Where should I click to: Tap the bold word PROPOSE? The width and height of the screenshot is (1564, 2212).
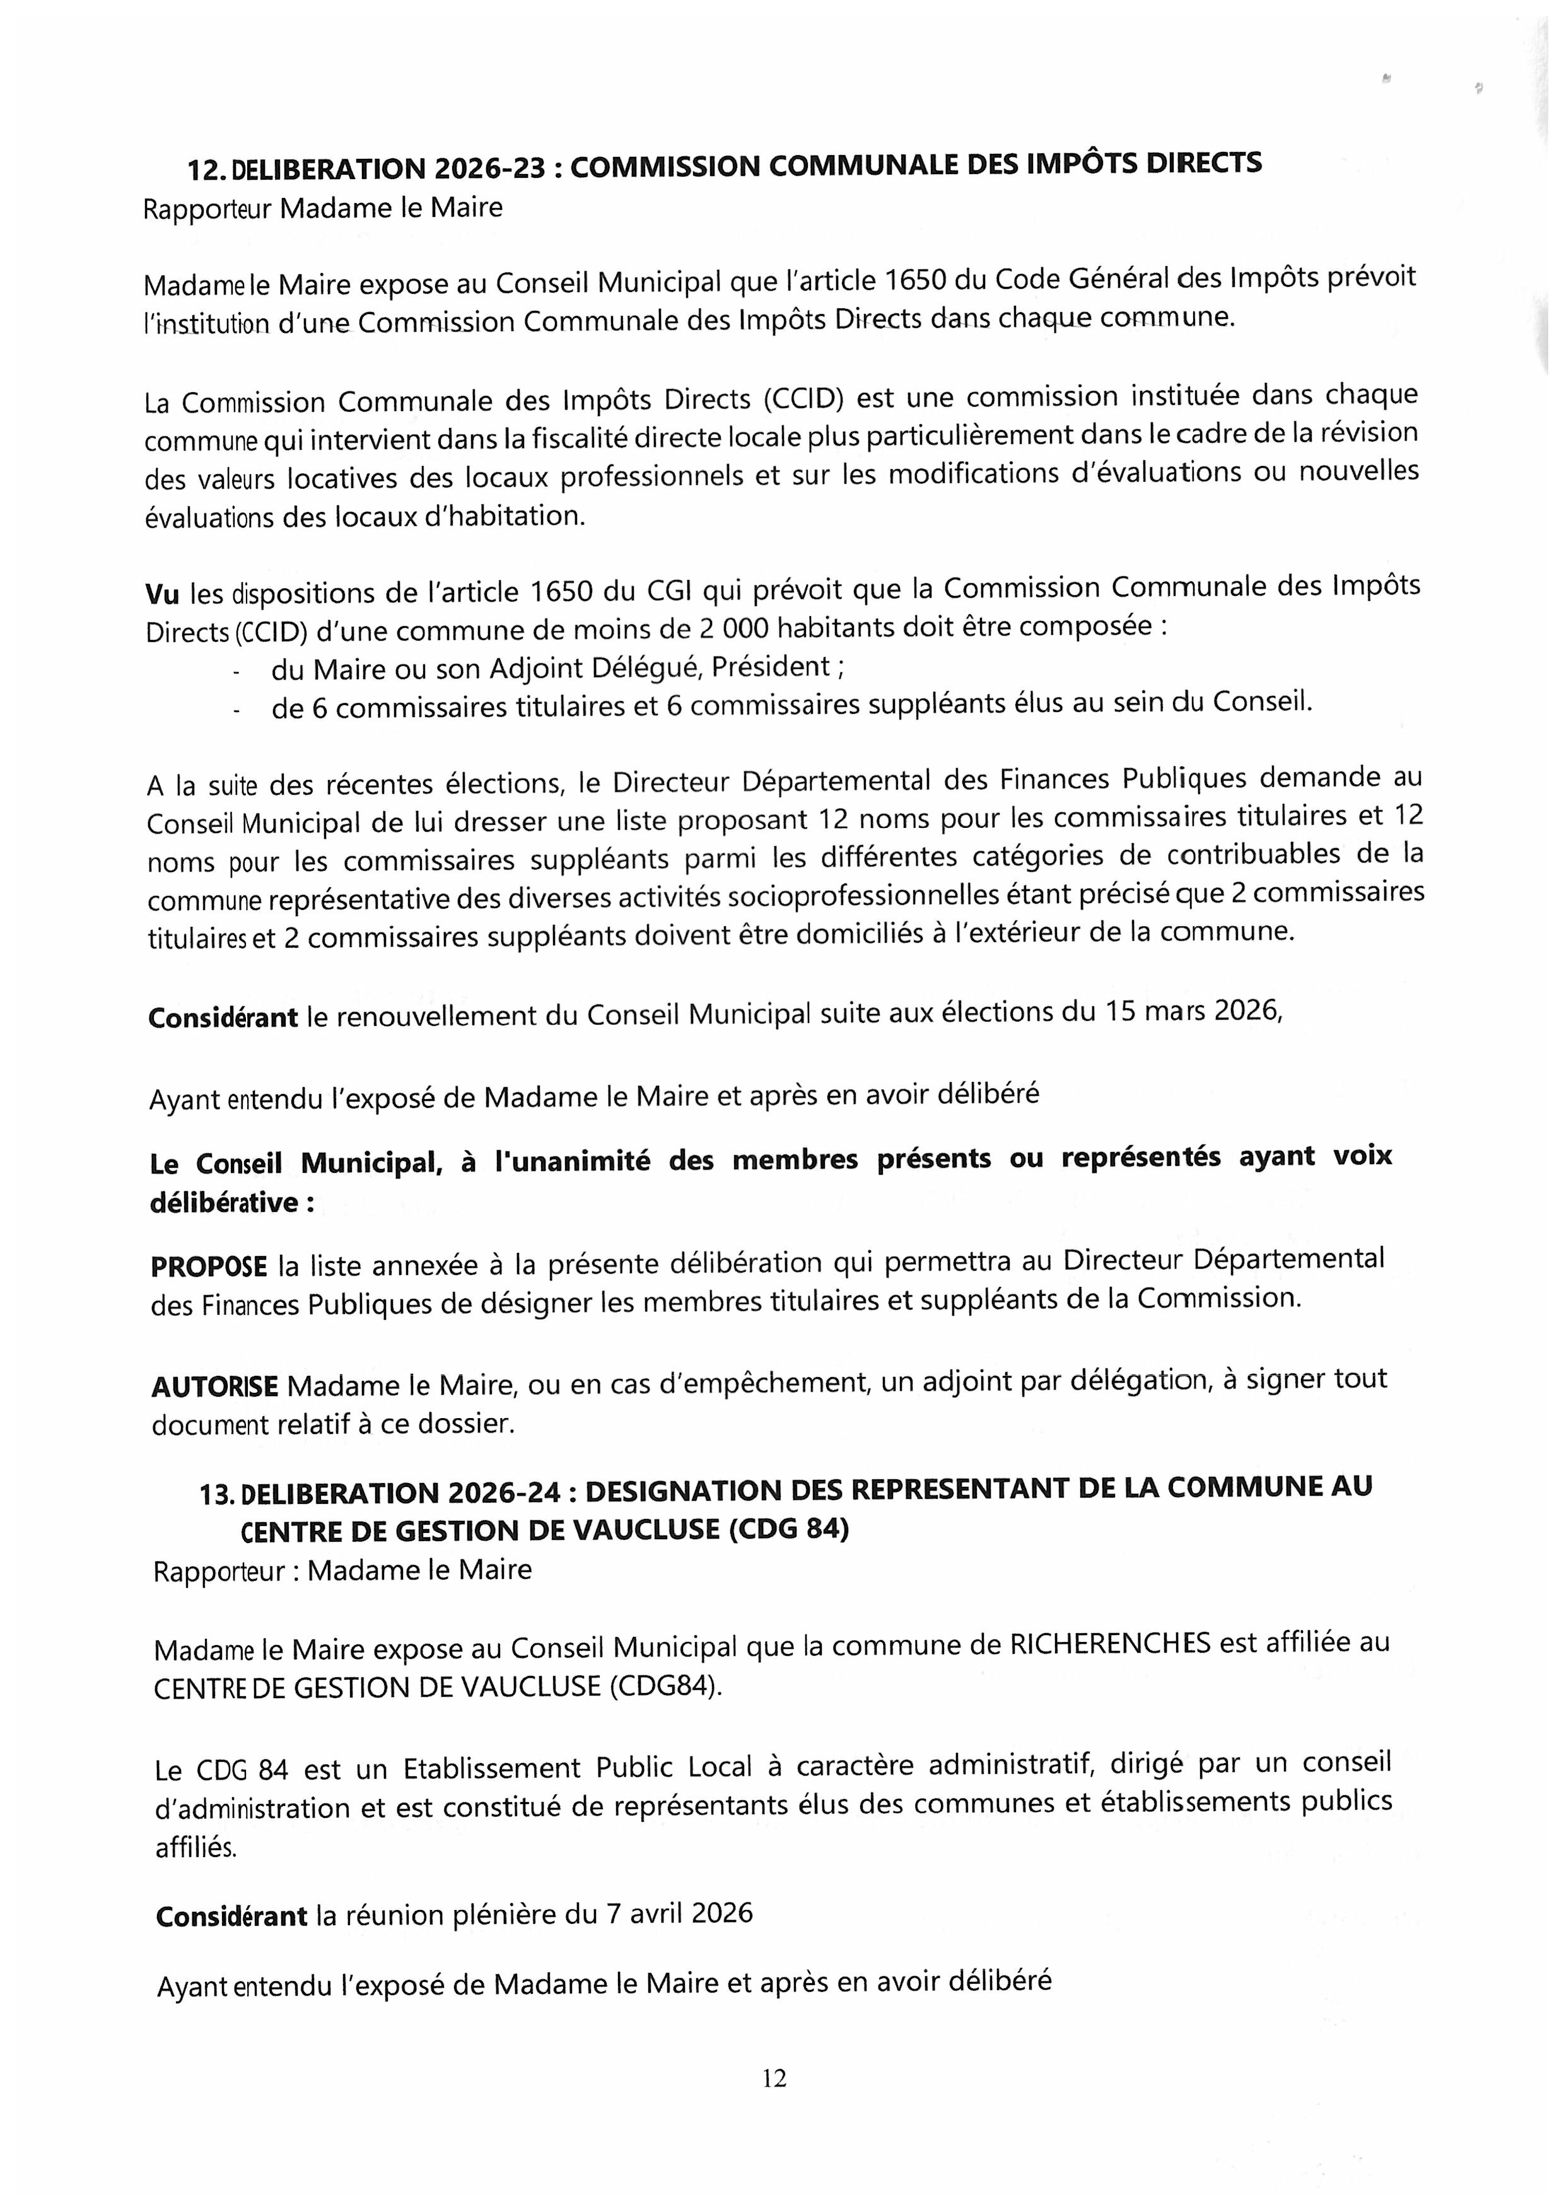click(x=208, y=1266)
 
